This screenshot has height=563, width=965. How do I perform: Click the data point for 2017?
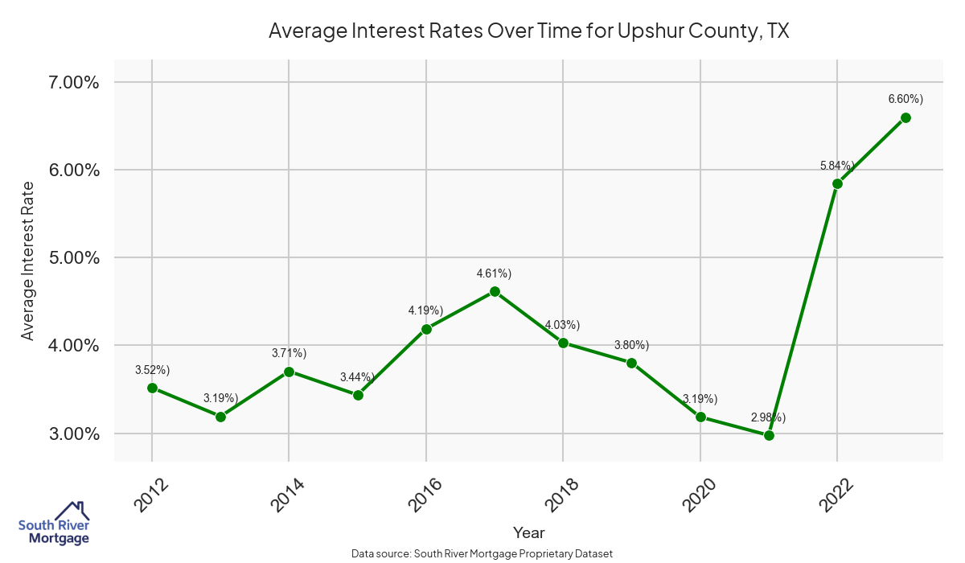(495, 291)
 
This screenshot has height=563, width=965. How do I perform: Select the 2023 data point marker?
(905, 117)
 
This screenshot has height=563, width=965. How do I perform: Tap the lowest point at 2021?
(769, 435)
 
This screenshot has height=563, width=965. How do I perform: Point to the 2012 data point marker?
(152, 388)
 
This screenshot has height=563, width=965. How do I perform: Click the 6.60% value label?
(905, 99)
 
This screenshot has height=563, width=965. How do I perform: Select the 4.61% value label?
(495, 273)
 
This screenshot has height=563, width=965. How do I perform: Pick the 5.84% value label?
(837, 166)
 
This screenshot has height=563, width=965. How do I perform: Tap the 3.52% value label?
(152, 370)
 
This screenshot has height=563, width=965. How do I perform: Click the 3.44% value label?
(358, 376)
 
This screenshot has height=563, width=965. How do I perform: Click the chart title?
(528, 31)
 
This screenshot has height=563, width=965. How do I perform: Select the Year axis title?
(528, 532)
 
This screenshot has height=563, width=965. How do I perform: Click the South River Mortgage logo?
(54, 523)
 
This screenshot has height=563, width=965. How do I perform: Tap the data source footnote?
(482, 553)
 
